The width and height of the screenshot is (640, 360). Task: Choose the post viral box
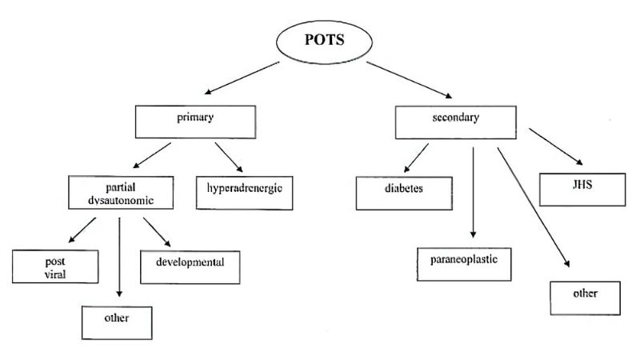55,266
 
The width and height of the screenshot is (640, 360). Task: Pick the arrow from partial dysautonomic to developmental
157,231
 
